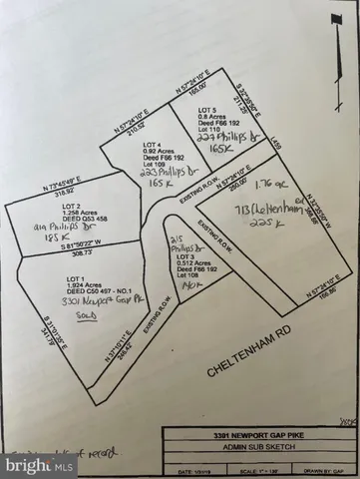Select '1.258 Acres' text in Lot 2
pyautogui.click(x=38, y=213)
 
